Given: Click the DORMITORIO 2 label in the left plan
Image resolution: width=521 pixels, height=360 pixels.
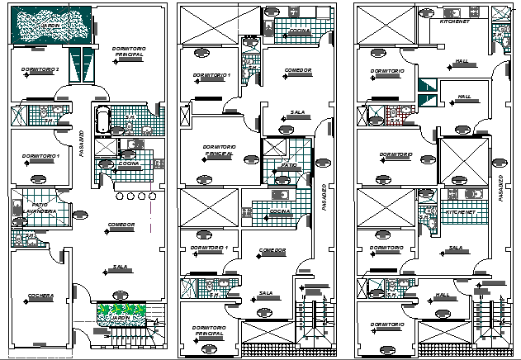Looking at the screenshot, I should coord(40,69).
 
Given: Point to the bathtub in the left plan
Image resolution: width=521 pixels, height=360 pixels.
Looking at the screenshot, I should coord(102,120).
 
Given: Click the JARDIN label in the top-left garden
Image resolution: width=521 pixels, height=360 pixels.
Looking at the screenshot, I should coord(51,26).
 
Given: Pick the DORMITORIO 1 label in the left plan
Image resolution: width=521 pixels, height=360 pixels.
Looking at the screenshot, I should coord(40,156).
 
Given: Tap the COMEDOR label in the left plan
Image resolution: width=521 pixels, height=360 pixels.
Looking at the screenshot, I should coord(121,225).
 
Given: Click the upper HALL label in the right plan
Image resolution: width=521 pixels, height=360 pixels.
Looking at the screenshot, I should coord(462,60).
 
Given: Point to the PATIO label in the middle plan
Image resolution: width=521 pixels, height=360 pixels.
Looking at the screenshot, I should coord(288,165).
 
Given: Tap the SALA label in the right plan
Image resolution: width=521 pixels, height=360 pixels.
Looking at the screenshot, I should coord(456,248).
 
